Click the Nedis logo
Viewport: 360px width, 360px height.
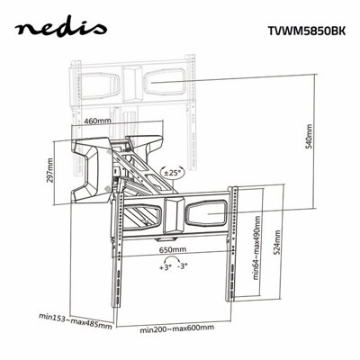click(60, 29)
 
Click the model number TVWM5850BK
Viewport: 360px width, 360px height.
click(307, 31)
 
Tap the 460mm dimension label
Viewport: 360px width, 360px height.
click(97, 121)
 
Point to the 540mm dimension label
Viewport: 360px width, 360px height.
click(309, 136)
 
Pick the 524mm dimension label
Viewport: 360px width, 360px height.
click(277, 242)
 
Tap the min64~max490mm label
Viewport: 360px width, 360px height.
click(256, 247)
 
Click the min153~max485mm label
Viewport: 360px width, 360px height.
click(76, 321)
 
